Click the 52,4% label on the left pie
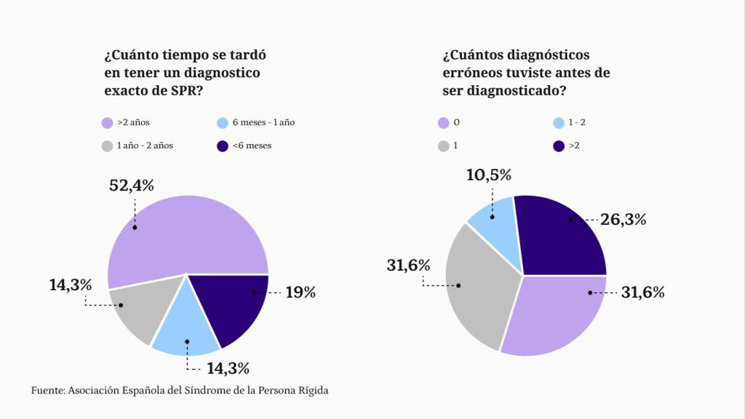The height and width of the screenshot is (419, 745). [132, 185]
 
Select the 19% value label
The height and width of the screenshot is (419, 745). [300, 292]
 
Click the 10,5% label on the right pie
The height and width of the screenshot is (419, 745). [489, 175]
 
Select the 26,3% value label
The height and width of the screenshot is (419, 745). [624, 219]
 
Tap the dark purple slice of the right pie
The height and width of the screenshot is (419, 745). [560, 236]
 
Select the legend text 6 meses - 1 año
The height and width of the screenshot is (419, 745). [263, 123]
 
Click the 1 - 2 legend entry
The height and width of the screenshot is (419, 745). [575, 123]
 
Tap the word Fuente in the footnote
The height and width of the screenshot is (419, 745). [47, 391]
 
